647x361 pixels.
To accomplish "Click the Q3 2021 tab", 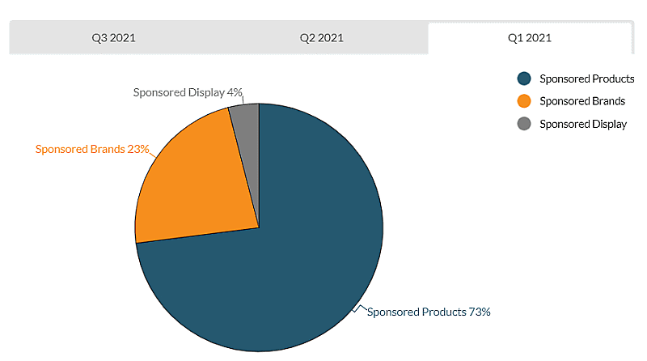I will pyautogui.click(x=113, y=38).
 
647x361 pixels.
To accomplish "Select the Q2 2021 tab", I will pyautogui.click(x=322, y=38).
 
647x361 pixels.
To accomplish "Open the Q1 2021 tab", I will pyautogui.click(x=530, y=38).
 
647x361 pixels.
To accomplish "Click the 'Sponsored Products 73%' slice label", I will pyautogui.click(x=429, y=312).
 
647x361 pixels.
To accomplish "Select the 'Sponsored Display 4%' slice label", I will pyautogui.click(x=188, y=92).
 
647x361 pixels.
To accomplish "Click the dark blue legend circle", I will pyautogui.click(x=524, y=79).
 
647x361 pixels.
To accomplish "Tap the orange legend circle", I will pyautogui.click(x=524, y=101).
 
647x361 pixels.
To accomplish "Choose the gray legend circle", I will pyautogui.click(x=524, y=124).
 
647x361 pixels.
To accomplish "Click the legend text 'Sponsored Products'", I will pyautogui.click(x=586, y=79).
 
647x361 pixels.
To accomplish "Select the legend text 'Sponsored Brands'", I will pyautogui.click(x=582, y=101).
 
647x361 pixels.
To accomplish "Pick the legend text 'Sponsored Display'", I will pyautogui.click(x=583, y=124).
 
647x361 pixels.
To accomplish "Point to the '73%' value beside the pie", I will pyautogui.click(x=480, y=312).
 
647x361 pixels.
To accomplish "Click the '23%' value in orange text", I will pyautogui.click(x=138, y=149).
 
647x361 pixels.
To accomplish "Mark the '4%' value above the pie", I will pyautogui.click(x=235, y=92).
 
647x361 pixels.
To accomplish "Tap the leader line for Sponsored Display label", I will pyautogui.click(x=243, y=100).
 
